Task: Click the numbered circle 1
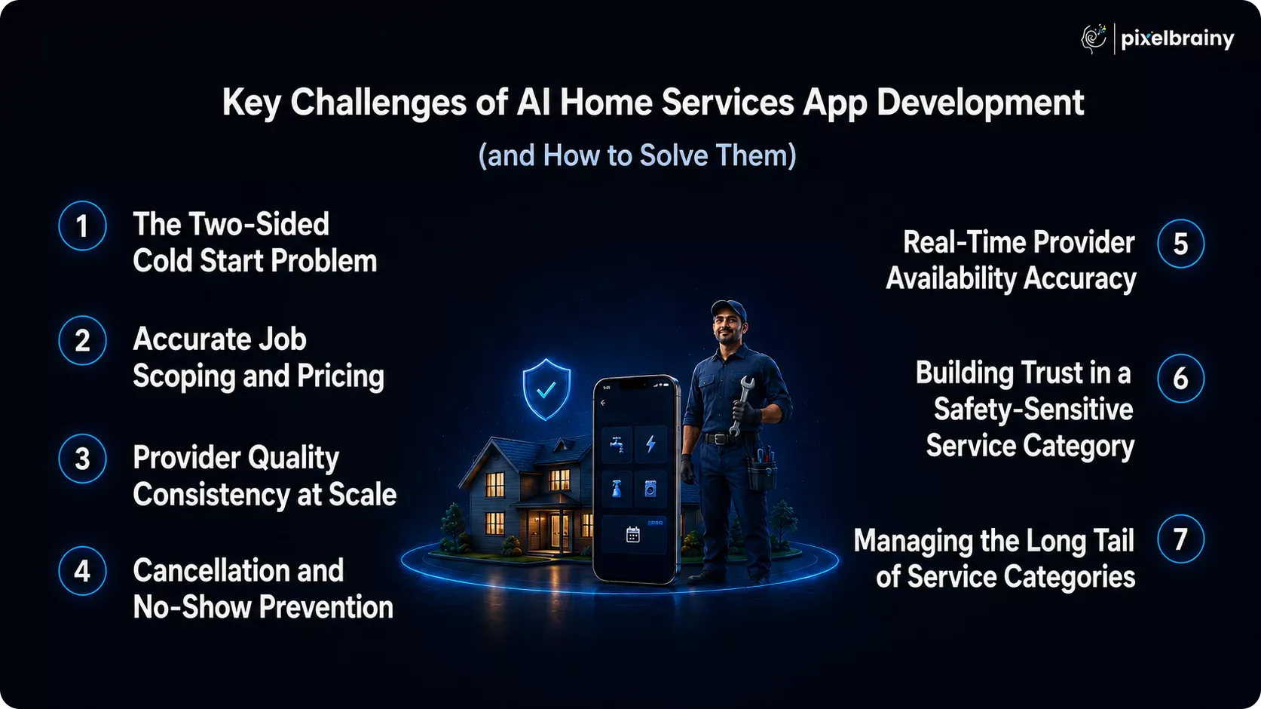click(82, 226)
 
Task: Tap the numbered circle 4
click(82, 571)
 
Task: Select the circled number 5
click(1180, 244)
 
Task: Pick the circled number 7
click(1180, 539)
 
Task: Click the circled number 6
click(1180, 378)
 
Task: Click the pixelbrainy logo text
click(1177, 39)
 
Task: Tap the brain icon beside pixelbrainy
click(1094, 38)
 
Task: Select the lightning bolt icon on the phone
click(650, 444)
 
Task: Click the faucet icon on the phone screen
click(617, 444)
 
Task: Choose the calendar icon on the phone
click(632, 534)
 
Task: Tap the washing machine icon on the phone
click(650, 489)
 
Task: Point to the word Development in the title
click(980, 103)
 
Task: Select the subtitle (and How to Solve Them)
click(637, 155)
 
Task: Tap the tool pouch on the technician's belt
click(762, 472)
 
